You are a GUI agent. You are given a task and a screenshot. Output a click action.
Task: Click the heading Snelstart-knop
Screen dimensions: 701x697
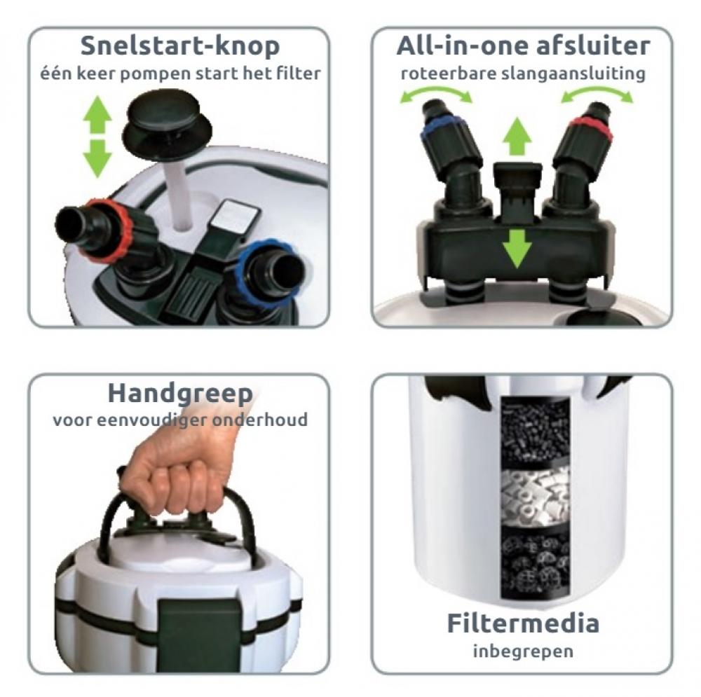coord(180,46)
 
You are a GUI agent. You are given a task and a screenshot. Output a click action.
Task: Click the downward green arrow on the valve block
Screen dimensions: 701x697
coord(517,249)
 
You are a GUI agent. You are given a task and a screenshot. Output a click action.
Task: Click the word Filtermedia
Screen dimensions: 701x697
coord(523,623)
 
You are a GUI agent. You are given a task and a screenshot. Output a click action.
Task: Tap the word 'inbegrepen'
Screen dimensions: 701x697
coord(523,651)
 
